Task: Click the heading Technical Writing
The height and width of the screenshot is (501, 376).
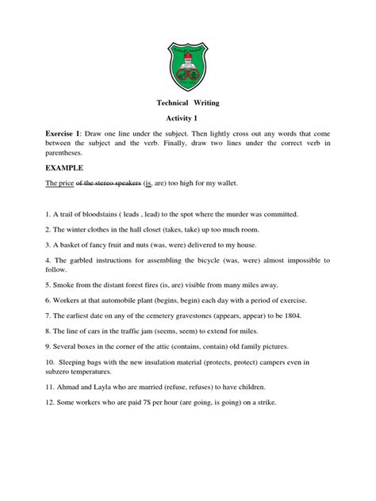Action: [x=188, y=102]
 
